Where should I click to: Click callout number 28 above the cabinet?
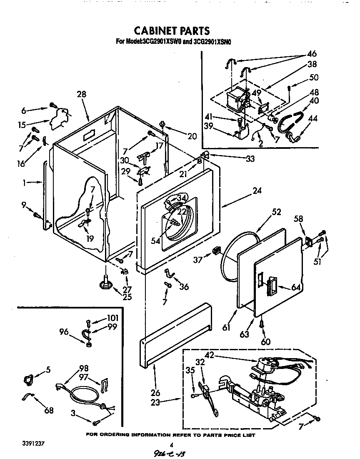[x=81, y=94]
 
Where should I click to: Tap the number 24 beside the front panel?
[x=257, y=191]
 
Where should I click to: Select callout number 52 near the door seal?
[x=277, y=212]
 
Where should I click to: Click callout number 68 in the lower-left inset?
[x=49, y=411]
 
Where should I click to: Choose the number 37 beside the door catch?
[x=198, y=260]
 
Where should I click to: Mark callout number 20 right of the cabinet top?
[x=192, y=135]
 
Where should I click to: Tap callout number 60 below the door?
[x=265, y=342]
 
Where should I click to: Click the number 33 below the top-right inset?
[x=250, y=158]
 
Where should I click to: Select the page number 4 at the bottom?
[x=171, y=445]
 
